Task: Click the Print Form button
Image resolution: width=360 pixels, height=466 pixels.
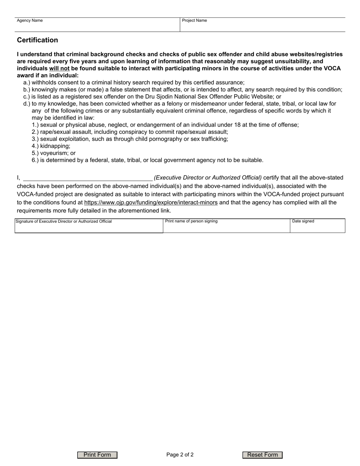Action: (x=97, y=455)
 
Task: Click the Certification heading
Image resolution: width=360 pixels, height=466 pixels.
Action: (x=38, y=40)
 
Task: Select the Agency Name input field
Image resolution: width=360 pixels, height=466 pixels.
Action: (x=97, y=26)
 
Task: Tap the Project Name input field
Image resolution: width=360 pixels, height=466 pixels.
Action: (x=262, y=26)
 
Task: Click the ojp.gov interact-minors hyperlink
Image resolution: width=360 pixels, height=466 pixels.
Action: (x=151, y=202)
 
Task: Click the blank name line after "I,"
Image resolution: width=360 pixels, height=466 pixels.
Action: (x=88, y=177)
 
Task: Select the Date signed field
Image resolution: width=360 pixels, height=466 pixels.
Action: (x=318, y=227)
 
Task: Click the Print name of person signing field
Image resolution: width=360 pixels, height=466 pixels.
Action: (x=226, y=227)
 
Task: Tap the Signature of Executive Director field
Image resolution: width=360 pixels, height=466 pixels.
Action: (x=89, y=227)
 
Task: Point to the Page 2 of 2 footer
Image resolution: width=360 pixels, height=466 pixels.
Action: (x=180, y=455)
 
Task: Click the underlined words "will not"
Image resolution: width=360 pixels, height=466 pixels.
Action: (x=59, y=69)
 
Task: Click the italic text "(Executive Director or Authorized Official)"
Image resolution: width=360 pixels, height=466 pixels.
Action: (x=208, y=177)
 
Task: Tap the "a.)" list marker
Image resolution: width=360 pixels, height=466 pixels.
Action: (x=27, y=83)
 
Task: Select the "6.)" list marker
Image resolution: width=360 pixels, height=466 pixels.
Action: (x=35, y=160)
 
